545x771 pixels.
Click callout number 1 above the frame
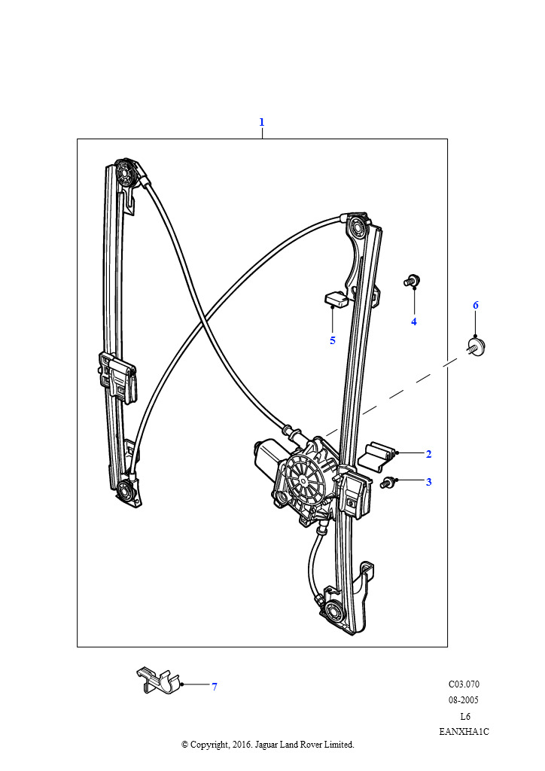[x=262, y=121]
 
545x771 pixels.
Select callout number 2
[x=428, y=454]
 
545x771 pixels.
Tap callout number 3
[x=428, y=482]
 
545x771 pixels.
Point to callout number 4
[x=414, y=322]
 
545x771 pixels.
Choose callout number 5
[x=333, y=340]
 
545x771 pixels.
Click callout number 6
[x=476, y=306]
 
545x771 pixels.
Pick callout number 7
[x=215, y=687]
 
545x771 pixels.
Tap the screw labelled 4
[x=411, y=281]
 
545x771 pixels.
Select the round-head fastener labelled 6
[x=476, y=346]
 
